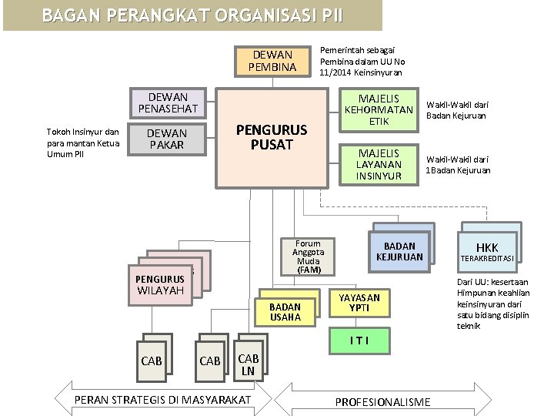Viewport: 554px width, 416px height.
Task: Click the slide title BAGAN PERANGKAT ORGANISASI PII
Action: point(192,15)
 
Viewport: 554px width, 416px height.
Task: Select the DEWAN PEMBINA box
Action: point(272,61)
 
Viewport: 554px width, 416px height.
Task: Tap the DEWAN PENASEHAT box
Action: point(167,103)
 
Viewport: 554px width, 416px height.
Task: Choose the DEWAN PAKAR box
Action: point(167,139)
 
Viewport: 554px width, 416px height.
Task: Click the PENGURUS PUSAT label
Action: point(271,138)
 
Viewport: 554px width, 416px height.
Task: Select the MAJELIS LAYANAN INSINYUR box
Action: point(379,165)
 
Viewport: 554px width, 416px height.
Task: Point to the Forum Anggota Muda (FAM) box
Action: point(308,257)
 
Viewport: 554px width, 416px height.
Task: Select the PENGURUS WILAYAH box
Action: point(161,284)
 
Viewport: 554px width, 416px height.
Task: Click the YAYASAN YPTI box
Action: point(359,303)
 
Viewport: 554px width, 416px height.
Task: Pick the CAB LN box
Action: point(248,364)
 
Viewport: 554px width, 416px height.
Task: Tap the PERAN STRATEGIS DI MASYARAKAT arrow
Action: point(162,399)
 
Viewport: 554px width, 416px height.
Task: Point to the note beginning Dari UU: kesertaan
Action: point(485,304)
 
